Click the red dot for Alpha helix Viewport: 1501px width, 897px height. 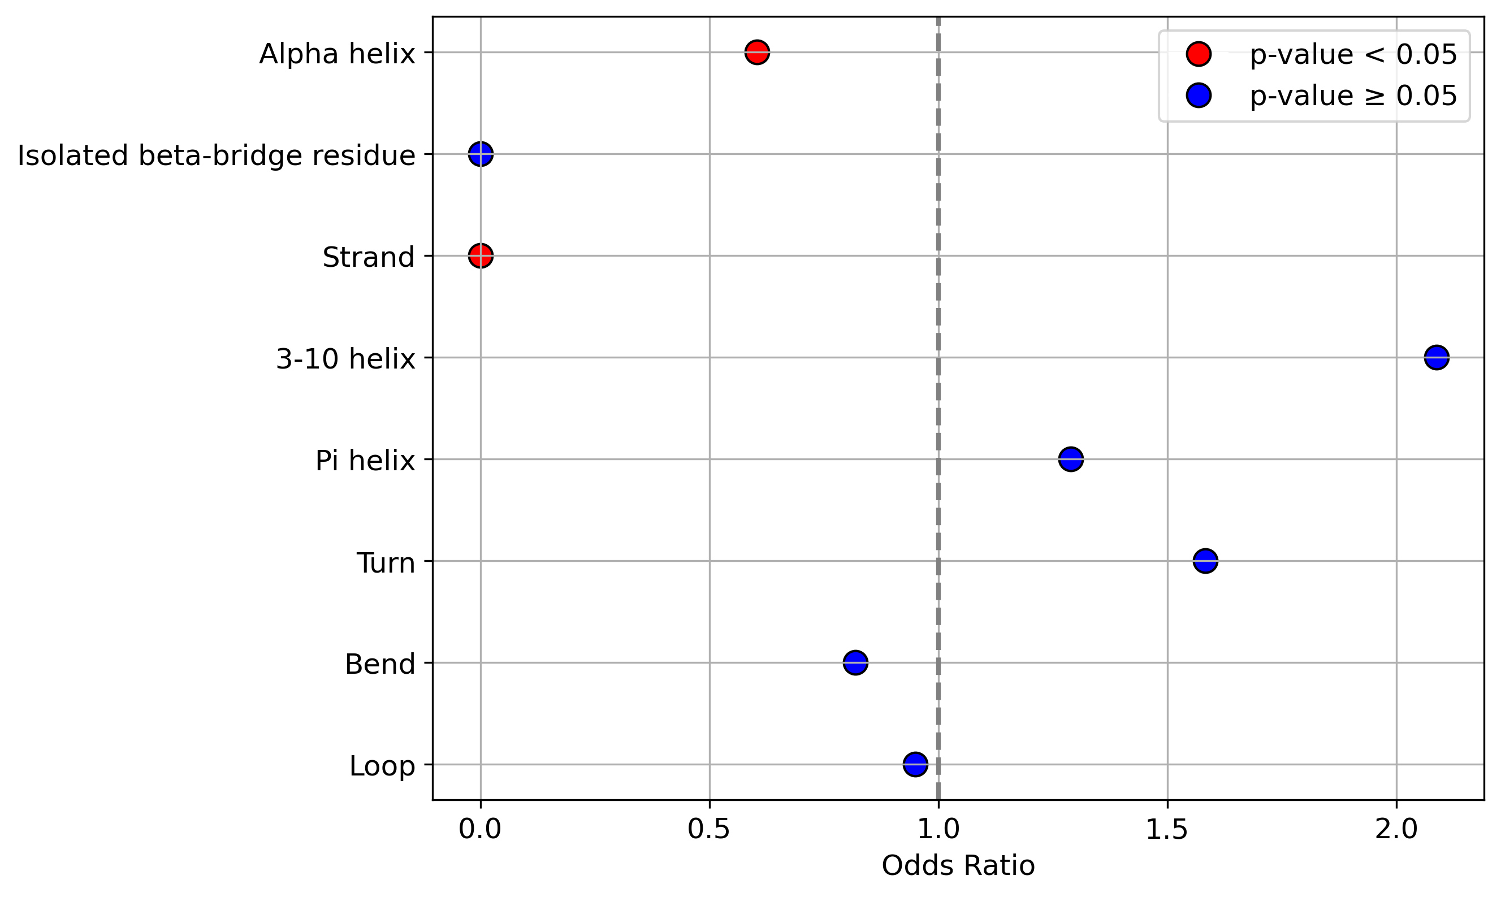[x=757, y=52]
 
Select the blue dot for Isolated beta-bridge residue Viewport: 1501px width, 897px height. [x=481, y=154]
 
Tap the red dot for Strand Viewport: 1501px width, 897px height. [x=481, y=255]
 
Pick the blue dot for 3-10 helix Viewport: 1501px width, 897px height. [x=1437, y=357]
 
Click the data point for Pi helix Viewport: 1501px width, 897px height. [x=1071, y=460]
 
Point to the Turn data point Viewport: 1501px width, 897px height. [x=1205, y=561]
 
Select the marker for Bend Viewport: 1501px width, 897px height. [x=855, y=662]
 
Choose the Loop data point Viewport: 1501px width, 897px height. [x=915, y=764]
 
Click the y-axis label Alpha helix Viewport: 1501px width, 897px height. [x=338, y=54]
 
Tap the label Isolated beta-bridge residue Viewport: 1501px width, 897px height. [x=217, y=156]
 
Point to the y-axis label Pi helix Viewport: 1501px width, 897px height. [x=365, y=461]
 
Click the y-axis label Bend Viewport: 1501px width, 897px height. [x=380, y=664]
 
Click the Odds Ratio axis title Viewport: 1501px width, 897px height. [x=958, y=865]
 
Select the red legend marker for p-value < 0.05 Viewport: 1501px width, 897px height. [x=1198, y=54]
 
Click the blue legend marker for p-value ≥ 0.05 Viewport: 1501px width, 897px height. [x=1198, y=96]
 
